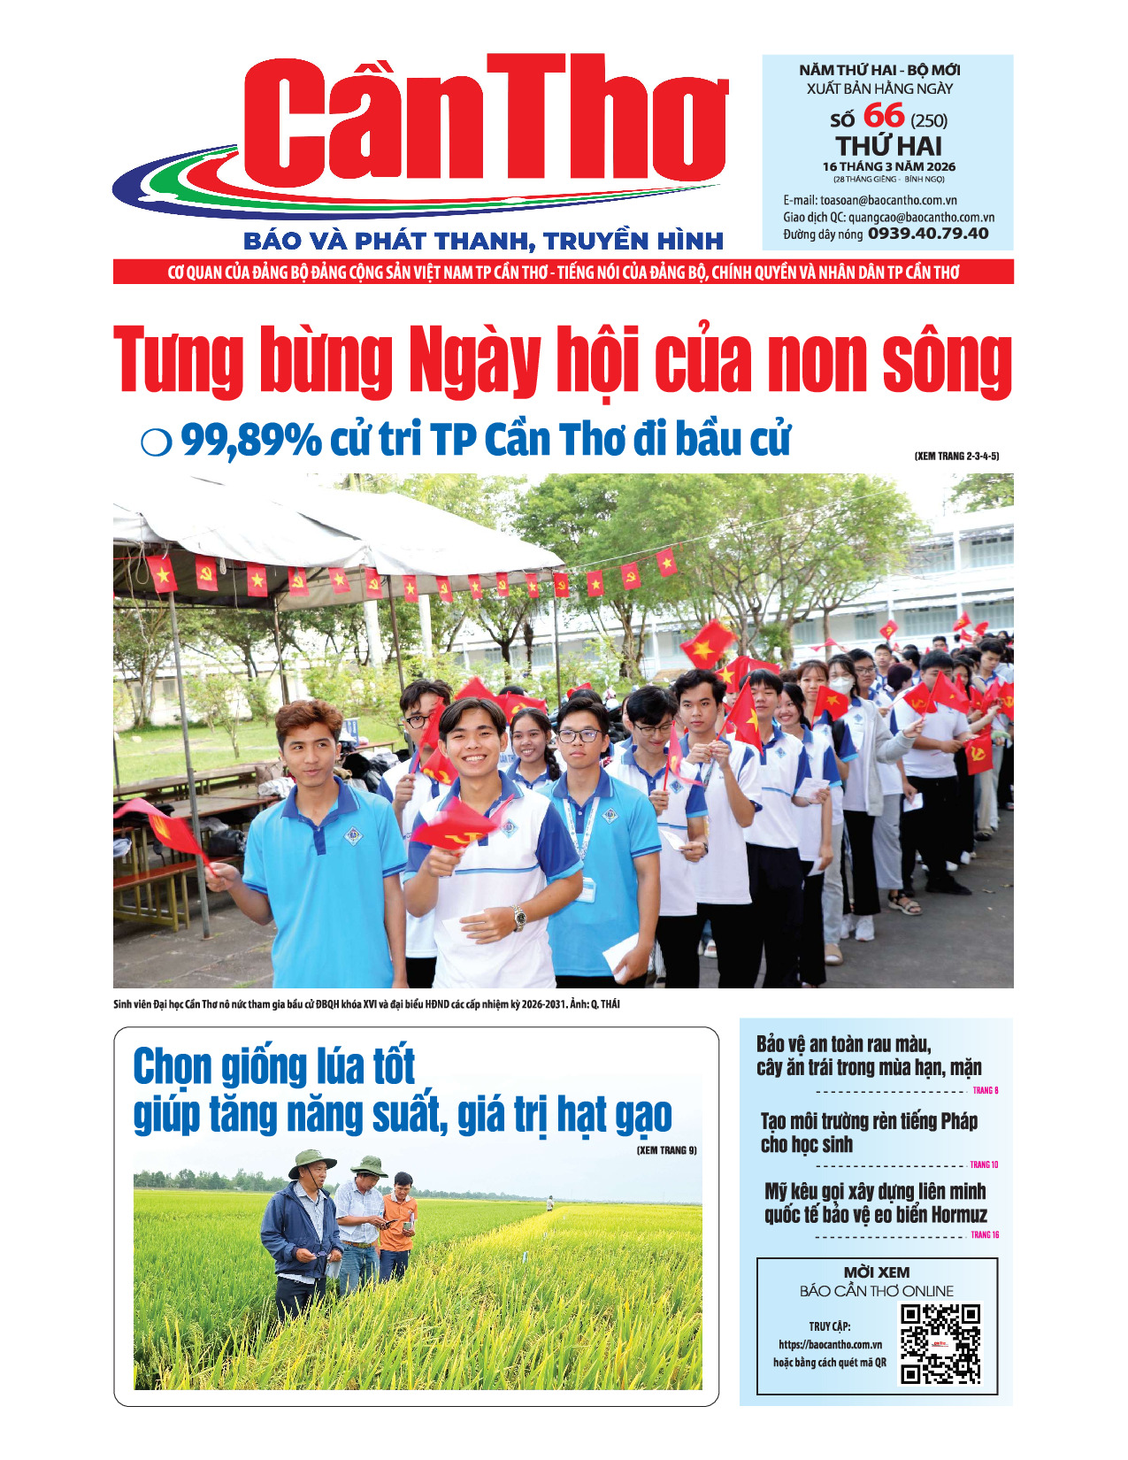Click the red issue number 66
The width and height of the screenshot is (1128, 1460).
[x=883, y=116]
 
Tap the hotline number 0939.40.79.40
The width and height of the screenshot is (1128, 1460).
[x=928, y=234]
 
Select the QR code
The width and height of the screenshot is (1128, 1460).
[x=940, y=1343]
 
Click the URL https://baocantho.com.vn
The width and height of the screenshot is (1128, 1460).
[x=830, y=1344]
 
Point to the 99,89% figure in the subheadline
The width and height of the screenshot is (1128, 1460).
[x=251, y=440]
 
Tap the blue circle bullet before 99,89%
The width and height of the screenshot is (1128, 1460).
[x=156, y=442]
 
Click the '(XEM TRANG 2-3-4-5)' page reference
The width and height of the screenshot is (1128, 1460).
[x=955, y=457]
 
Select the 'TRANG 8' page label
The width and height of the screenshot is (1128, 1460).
[x=985, y=1091]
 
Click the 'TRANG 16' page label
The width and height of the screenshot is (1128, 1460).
[x=985, y=1234]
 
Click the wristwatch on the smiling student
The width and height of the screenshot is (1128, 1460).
[x=519, y=917]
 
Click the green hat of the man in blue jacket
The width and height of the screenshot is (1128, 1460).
[x=311, y=1161]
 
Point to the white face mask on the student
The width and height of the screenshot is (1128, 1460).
[x=841, y=685]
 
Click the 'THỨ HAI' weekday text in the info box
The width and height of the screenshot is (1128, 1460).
[x=888, y=146]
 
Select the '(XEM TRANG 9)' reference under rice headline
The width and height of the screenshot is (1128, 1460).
[x=666, y=1150]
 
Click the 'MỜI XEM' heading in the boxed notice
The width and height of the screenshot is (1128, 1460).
[x=876, y=1272]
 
